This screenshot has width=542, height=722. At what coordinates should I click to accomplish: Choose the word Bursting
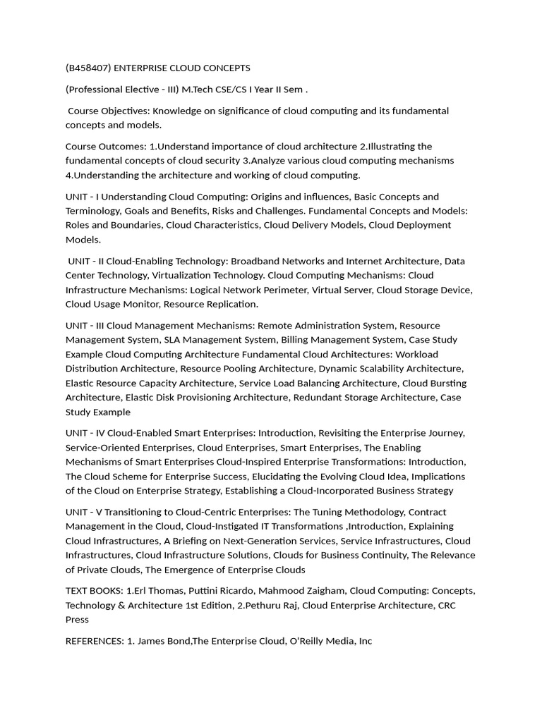[x=443, y=383]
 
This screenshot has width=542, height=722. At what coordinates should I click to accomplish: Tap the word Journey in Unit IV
[x=440, y=433]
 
